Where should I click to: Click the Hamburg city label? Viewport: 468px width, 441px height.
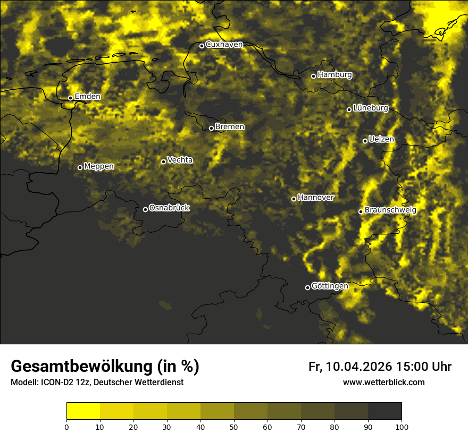coord(335,75)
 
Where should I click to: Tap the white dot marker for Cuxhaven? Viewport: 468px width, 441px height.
coord(202,46)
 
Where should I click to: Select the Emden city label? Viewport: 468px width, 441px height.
coord(87,97)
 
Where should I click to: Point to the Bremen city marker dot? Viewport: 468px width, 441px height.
coord(211,128)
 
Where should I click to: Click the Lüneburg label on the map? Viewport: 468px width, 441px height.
coord(370,108)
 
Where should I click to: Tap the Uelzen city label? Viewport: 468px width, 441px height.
coord(381,139)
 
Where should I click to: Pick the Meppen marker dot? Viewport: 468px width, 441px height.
coord(80,167)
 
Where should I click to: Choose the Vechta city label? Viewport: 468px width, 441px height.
coord(180,160)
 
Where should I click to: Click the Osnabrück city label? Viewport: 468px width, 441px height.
coord(169,208)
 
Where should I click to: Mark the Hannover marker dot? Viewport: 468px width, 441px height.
coord(294,199)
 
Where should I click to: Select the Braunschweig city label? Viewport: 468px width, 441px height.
coord(390,210)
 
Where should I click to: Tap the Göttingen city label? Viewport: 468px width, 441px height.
coord(330,286)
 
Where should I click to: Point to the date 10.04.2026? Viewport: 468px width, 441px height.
coord(359,367)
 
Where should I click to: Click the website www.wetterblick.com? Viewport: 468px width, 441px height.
coord(384,382)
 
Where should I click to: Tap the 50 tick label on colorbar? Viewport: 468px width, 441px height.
coord(234,426)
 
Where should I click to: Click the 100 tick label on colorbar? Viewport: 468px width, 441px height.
coord(402,426)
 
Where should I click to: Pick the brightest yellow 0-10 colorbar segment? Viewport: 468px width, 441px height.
coord(83,411)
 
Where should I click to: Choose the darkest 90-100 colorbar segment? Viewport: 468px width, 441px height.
coord(385,411)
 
